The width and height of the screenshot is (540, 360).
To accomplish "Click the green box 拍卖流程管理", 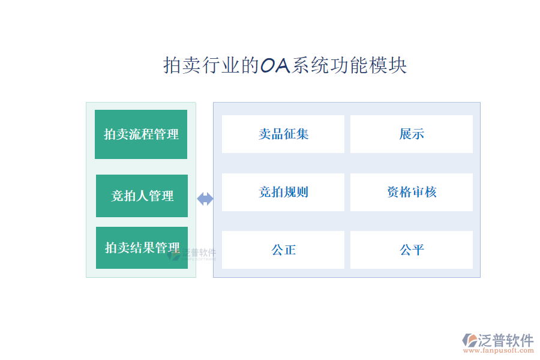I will [141, 134].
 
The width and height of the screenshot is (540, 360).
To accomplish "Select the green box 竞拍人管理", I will [142, 196].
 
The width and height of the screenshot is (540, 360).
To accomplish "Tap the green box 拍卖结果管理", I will [142, 247].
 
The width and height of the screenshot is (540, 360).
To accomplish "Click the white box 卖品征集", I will [283, 134].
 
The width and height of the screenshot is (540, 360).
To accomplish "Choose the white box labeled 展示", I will [412, 134].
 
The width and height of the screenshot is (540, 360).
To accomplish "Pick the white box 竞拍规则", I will [283, 192].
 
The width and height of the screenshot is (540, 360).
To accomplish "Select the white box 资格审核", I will [412, 192].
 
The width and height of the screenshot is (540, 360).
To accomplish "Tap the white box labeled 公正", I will [283, 250].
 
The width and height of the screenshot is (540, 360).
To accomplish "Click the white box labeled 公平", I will [412, 250].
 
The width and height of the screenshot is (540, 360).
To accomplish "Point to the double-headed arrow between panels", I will [205, 199].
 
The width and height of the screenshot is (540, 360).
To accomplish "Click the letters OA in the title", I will [275, 65].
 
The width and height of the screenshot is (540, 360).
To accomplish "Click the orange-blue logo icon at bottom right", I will [470, 341].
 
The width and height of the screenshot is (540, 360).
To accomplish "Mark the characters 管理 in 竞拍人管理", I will [161, 196].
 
